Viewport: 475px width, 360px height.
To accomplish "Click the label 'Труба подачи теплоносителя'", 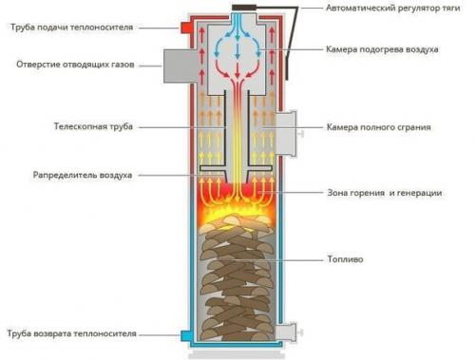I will click(75, 27).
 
